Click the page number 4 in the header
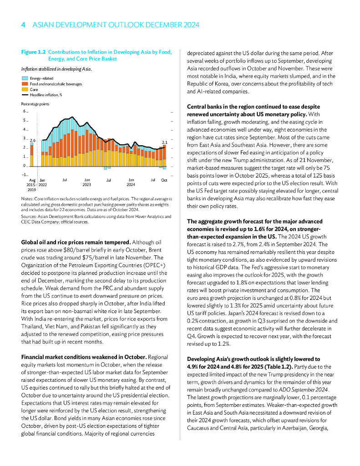[23, 25]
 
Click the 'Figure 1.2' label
[33, 52]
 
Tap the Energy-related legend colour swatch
[25, 79]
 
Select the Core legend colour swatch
[25, 90]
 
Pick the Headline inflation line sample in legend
[25, 95]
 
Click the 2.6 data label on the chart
[32, 141]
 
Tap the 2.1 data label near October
[165, 142]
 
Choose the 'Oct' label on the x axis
[164, 181]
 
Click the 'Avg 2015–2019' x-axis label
[31, 185]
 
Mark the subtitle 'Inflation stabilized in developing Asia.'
[56, 69]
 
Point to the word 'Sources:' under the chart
[29, 217]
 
